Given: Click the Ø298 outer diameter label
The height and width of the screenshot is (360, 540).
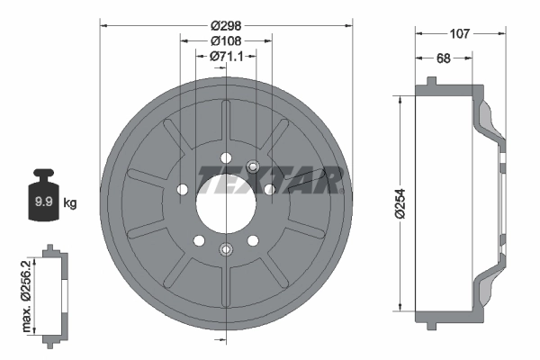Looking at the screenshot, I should pyautogui.click(x=226, y=26).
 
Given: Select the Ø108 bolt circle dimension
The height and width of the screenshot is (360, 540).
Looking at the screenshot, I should pyautogui.click(x=226, y=41).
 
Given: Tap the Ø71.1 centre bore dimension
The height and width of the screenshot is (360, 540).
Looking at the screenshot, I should pyautogui.click(x=226, y=57).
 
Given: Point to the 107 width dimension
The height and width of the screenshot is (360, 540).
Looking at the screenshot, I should pyautogui.click(x=460, y=34).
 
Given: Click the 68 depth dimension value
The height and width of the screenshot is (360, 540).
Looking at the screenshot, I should pyautogui.click(x=443, y=58).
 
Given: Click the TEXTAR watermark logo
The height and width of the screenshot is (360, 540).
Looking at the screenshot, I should pyautogui.click(x=270, y=180).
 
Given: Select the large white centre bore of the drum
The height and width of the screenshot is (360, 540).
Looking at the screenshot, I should pyautogui.click(x=226, y=190).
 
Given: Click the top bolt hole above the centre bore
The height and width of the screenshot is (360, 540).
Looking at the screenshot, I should pyautogui.click(x=226, y=157).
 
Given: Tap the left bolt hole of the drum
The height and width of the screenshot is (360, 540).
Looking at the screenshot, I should pyautogui.click(x=183, y=190).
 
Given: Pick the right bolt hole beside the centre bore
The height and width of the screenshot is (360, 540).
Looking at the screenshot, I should pyautogui.click(x=269, y=189).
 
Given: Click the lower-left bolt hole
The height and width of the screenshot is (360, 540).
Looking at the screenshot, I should pyautogui.click(x=199, y=240).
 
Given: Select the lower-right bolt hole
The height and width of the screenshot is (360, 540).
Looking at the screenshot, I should pyautogui.click(x=252, y=240).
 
